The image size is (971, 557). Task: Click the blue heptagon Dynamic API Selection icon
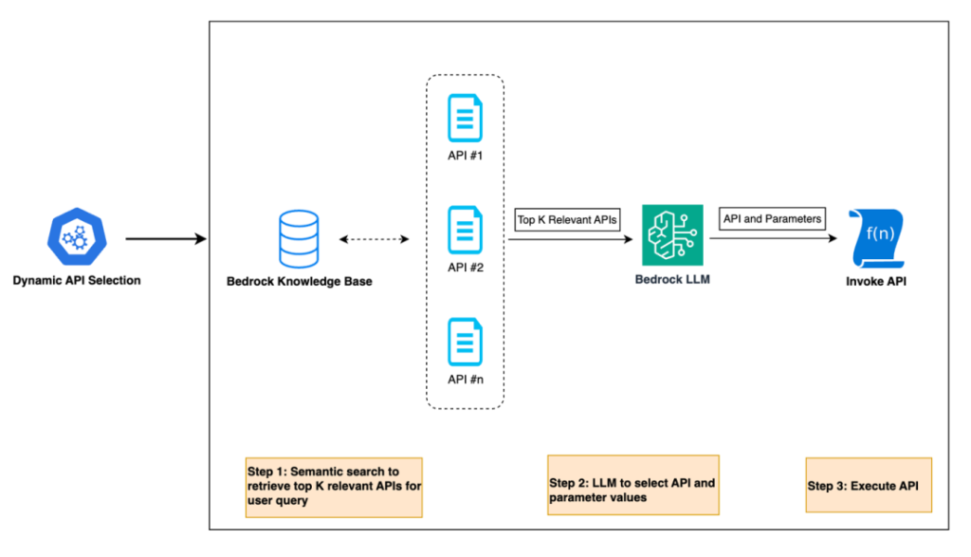(76, 237)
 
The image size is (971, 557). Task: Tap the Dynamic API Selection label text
(77, 281)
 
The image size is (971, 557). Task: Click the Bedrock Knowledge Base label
(299, 281)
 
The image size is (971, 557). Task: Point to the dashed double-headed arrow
(374, 239)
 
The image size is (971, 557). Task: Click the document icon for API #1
(465, 115)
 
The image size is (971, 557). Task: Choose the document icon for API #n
(465, 343)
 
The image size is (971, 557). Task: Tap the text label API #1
(465, 154)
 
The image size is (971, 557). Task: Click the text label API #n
(465, 380)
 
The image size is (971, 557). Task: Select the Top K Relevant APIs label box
(567, 220)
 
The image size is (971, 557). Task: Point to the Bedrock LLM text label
(672, 281)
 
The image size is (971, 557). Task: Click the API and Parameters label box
(772, 218)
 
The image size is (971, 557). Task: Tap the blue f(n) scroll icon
(875, 233)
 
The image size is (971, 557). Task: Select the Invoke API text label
(875, 281)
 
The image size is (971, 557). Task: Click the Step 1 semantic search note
(334, 487)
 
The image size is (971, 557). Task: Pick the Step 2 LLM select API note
(633, 484)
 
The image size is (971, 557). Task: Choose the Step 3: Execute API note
(869, 485)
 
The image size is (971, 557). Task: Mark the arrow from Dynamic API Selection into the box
(166, 239)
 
